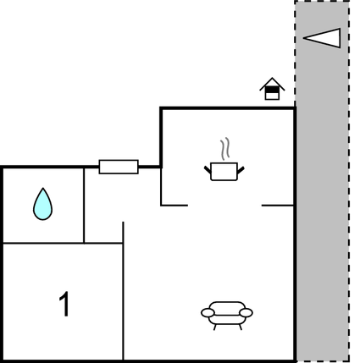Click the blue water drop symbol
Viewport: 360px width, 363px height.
click(42, 204)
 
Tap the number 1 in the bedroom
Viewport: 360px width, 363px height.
click(64, 304)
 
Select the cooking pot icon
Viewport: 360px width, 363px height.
click(224, 171)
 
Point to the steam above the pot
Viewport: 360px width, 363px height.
click(225, 149)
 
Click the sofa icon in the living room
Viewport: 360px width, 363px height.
click(227, 316)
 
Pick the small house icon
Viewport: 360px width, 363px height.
click(272, 89)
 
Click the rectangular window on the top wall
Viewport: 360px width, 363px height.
click(119, 167)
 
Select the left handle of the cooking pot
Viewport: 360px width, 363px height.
click(208, 170)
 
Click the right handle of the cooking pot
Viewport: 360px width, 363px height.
click(241, 170)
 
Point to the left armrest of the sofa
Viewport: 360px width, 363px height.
click(208, 313)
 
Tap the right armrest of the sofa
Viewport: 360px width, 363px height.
click(246, 313)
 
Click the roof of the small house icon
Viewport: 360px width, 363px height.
click(272, 84)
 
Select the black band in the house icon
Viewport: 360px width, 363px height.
click(272, 90)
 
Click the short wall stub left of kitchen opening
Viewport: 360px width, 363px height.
click(174, 206)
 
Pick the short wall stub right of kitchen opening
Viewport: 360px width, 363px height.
click(278, 206)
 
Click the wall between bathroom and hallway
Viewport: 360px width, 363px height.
click(84, 206)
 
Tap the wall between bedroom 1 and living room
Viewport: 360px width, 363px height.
click(123, 291)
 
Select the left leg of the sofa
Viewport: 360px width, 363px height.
click(214, 327)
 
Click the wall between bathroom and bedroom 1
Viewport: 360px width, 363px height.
click(43, 243)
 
